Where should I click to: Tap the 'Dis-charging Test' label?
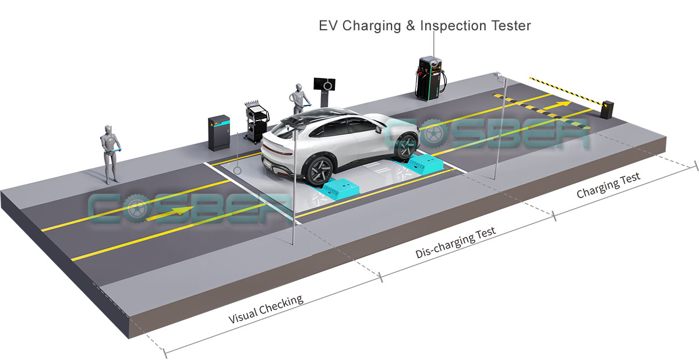click(456, 243)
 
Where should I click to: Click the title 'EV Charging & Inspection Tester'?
click(425, 26)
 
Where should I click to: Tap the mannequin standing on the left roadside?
click(109, 151)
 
